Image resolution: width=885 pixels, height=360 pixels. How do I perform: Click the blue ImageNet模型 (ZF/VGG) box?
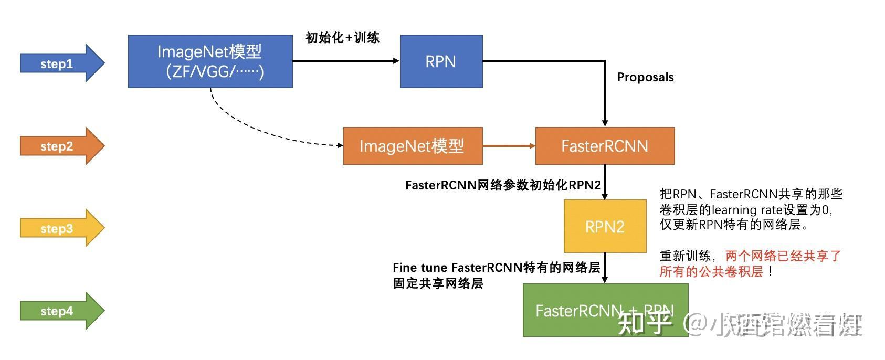[x=210, y=61]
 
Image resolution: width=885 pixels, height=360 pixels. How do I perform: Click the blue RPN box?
[x=441, y=61]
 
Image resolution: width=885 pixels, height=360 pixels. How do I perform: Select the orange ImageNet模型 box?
[x=412, y=146]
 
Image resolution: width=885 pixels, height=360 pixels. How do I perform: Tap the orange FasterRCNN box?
[x=605, y=146]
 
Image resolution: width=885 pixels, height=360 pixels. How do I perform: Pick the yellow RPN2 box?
[x=605, y=226]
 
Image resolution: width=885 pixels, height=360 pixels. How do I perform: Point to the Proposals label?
[x=645, y=77]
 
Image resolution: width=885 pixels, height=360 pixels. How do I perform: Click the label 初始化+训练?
[x=342, y=38]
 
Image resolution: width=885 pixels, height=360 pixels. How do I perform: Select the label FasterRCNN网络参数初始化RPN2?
[x=503, y=185]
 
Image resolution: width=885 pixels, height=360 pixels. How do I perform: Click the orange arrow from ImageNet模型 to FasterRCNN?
[x=508, y=145]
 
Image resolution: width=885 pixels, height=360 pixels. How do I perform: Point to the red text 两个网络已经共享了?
[x=783, y=256]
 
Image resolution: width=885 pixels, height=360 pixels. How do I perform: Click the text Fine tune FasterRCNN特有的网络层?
[x=496, y=268]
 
